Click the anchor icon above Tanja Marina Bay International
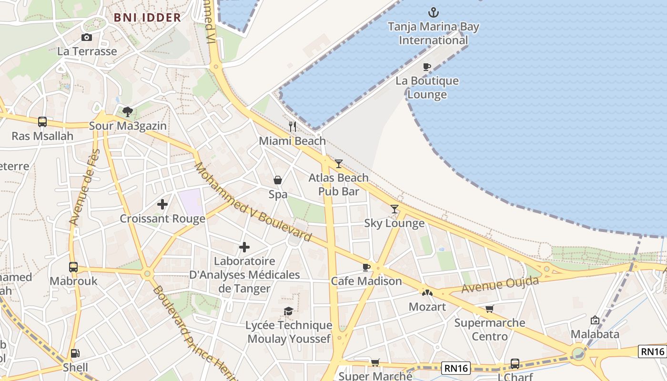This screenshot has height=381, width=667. [x=433, y=12]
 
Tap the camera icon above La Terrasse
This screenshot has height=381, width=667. [x=87, y=38]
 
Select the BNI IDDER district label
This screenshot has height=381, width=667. [x=147, y=18]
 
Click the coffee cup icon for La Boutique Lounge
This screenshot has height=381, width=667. [x=427, y=67]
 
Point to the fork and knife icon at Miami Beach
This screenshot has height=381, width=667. [x=293, y=127]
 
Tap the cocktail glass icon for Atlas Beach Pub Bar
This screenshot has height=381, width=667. [x=338, y=164]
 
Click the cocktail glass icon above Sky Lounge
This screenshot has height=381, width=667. [x=394, y=209]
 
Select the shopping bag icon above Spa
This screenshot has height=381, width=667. [x=278, y=180]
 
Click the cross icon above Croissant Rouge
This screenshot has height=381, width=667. [x=162, y=204]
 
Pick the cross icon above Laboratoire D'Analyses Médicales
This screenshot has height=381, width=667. [x=244, y=247]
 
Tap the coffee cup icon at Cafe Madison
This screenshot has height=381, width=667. [x=366, y=267]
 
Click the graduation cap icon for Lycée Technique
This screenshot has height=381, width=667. [x=289, y=311]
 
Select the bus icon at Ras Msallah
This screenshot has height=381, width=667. [x=42, y=122]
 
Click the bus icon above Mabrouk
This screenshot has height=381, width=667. [x=73, y=267]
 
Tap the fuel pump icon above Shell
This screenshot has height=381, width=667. [x=75, y=354]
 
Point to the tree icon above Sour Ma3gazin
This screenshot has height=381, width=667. [x=128, y=112]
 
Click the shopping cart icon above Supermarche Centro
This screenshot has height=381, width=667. [x=489, y=309]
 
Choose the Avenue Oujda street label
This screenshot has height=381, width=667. [x=500, y=285]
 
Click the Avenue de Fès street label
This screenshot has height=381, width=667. [x=85, y=187]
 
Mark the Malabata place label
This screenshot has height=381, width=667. [x=595, y=334]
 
